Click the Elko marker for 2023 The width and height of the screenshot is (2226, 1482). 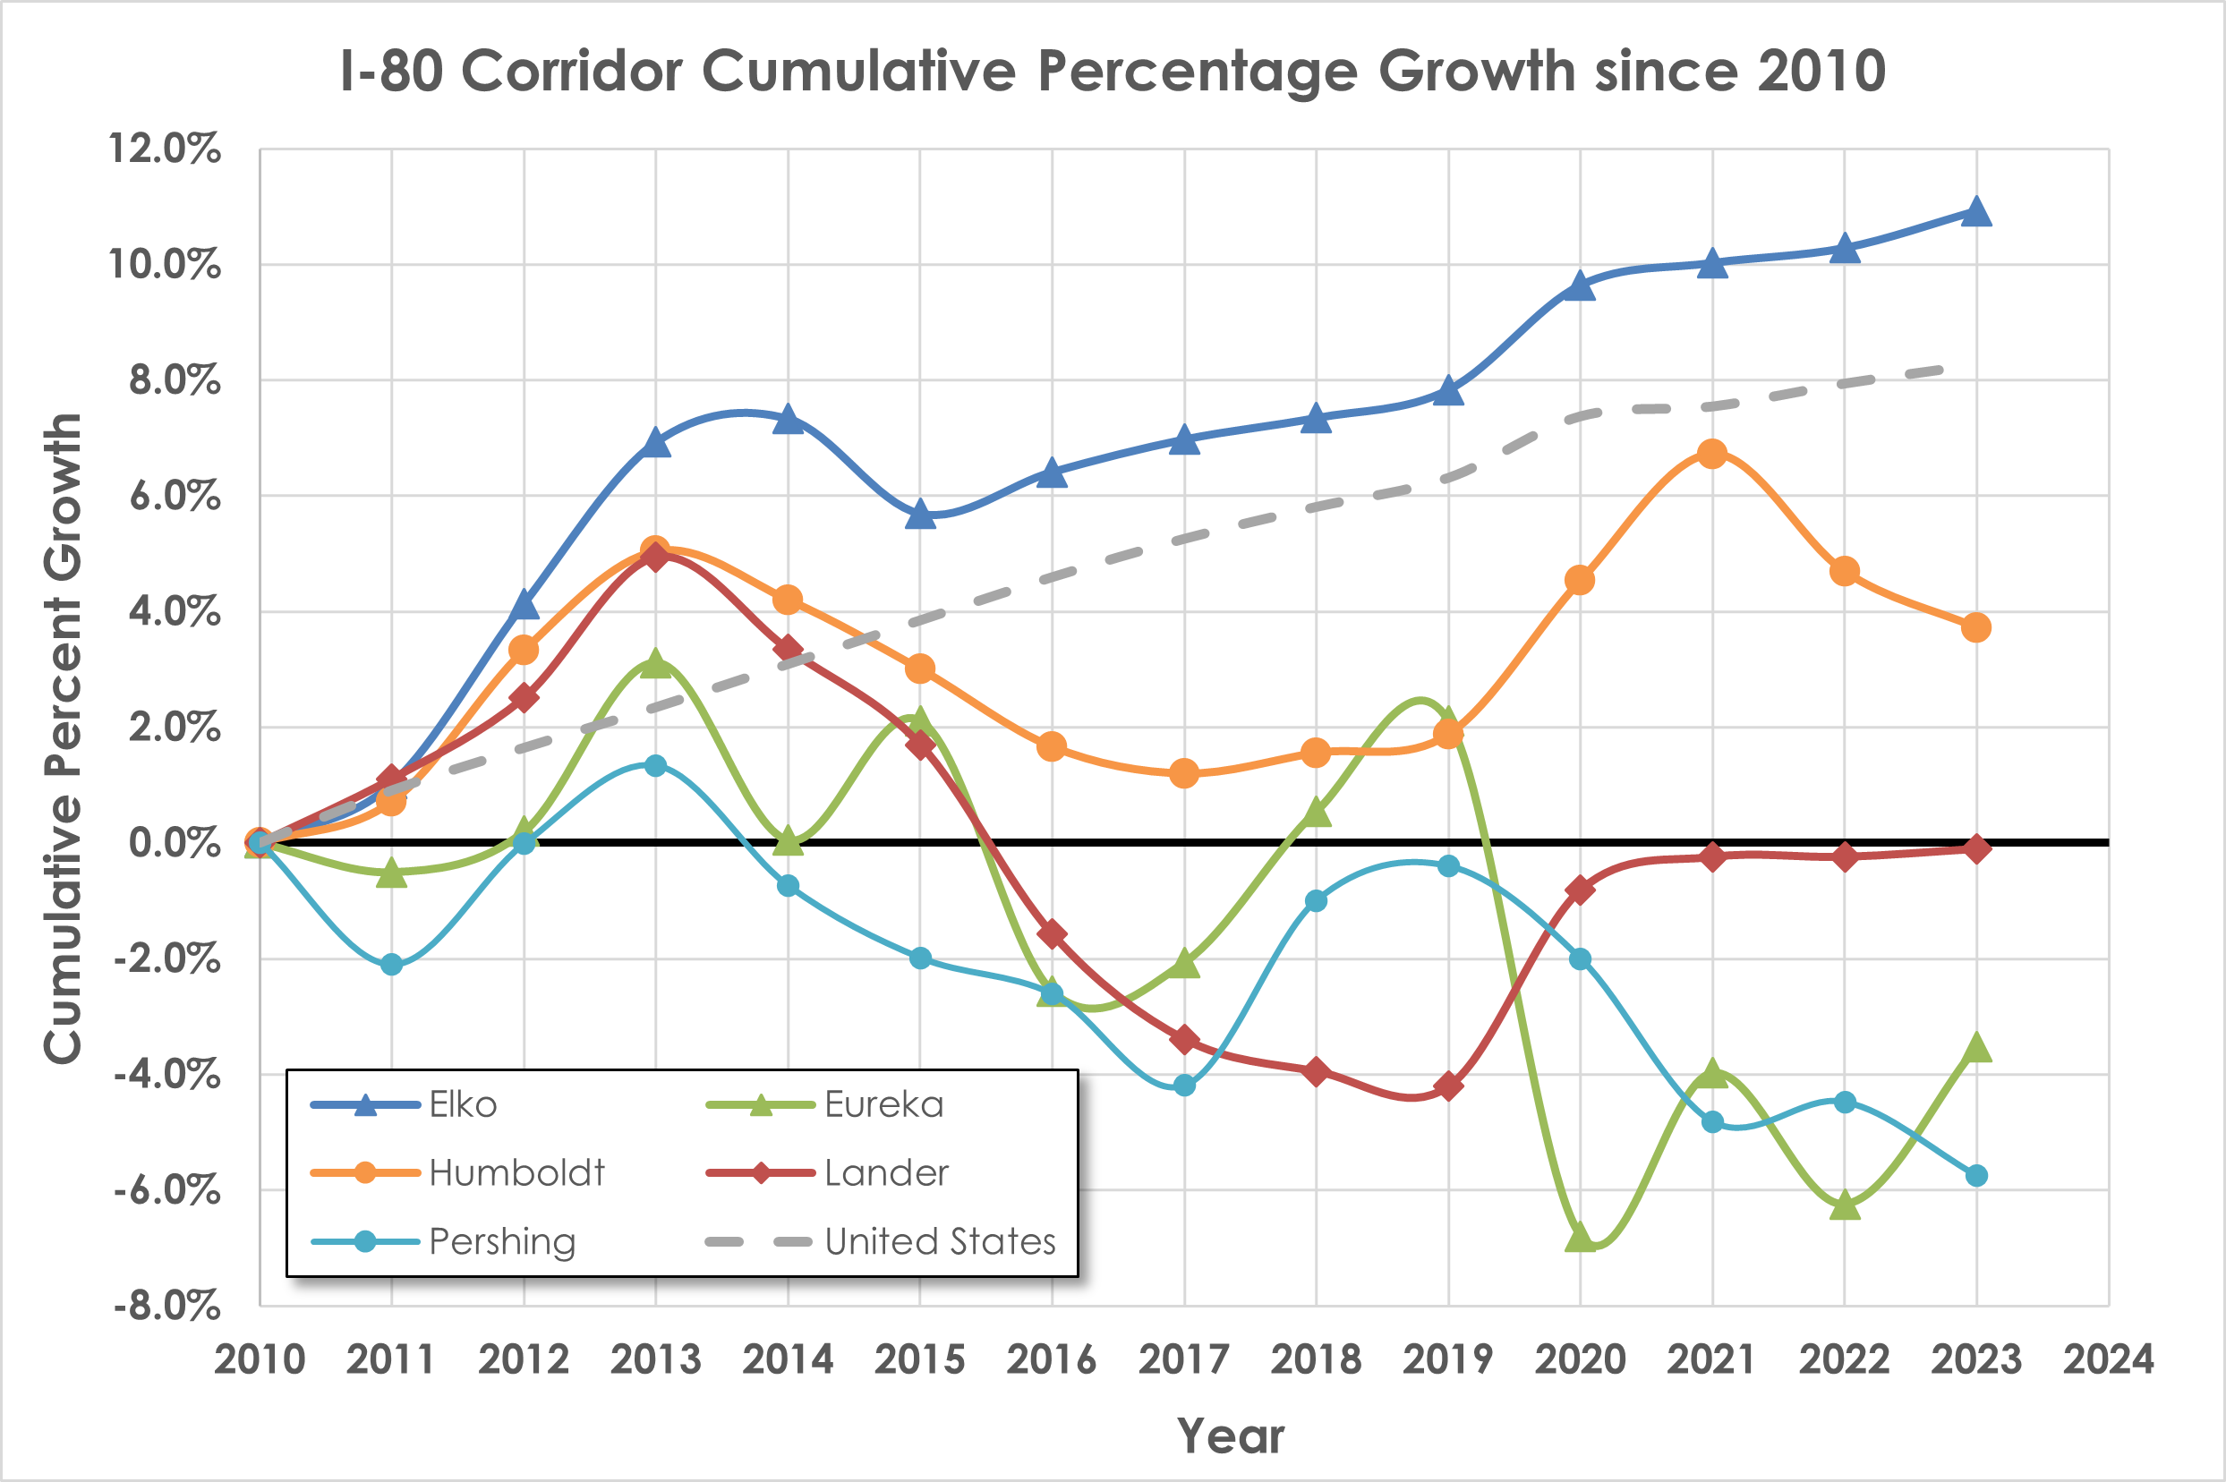[x=1975, y=212]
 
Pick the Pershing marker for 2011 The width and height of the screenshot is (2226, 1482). [x=391, y=965]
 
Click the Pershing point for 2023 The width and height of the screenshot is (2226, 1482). [x=1975, y=1176]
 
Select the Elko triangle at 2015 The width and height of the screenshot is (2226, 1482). [x=920, y=515]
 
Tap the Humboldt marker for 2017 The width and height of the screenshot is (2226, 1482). [x=1183, y=774]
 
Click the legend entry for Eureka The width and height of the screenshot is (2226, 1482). [x=883, y=1104]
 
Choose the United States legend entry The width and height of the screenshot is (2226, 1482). [x=940, y=1241]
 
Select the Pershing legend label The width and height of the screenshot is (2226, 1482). [x=502, y=1241]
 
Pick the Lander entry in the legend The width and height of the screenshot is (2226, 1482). [x=886, y=1173]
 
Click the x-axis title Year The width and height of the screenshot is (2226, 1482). [x=1230, y=1436]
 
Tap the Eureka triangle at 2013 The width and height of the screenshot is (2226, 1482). [x=655, y=664]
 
